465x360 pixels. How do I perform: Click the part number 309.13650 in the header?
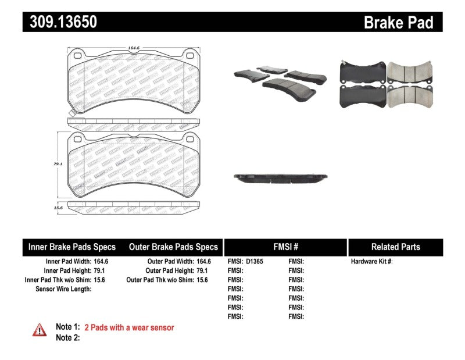[x=60, y=22]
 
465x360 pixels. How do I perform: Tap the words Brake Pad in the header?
[x=398, y=23]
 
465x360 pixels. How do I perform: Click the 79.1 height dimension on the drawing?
[x=58, y=165]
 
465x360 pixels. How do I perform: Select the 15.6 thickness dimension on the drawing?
[x=58, y=208]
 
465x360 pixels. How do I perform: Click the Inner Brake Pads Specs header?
[x=72, y=247]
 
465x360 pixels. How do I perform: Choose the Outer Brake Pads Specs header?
[x=173, y=247]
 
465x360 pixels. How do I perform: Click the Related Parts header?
[x=395, y=247]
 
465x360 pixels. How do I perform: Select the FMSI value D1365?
[x=254, y=262]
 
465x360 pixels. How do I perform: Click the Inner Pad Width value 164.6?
[x=101, y=262]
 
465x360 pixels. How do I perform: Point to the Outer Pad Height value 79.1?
[x=201, y=270]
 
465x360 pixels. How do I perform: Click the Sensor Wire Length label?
[x=64, y=288]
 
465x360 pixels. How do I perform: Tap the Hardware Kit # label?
[x=371, y=262]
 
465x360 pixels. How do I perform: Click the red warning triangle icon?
[x=40, y=330]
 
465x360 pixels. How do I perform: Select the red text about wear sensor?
[x=129, y=327]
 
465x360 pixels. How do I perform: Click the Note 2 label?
[x=67, y=337]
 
